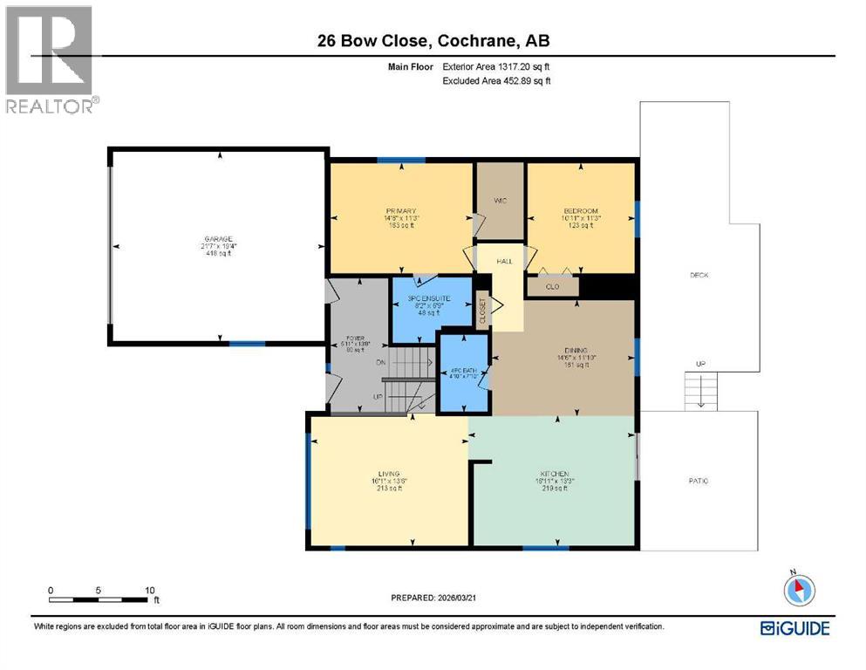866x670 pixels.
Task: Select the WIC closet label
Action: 500,201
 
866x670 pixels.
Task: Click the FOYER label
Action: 353,336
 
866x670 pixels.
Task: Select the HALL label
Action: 505,261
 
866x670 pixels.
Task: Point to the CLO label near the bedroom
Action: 551,285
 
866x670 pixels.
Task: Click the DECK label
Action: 699,275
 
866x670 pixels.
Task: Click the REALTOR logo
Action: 51,60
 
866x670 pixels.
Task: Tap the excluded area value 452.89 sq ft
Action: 511,80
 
